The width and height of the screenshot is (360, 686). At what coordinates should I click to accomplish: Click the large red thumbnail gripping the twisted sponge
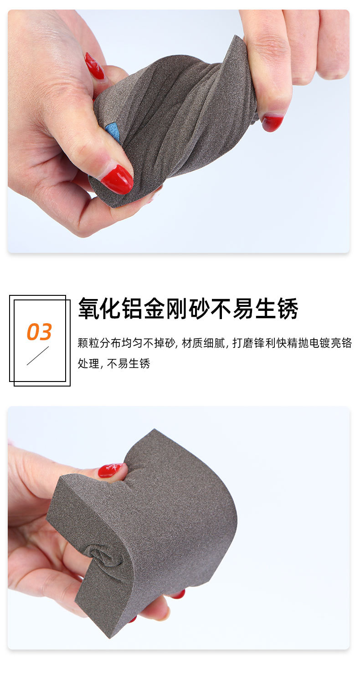pos(117,179)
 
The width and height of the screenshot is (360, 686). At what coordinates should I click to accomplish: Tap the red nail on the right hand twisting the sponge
pos(272,123)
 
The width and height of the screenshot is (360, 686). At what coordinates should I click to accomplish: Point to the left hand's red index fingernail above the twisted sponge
pos(94,66)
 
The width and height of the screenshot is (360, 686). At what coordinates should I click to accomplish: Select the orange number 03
pos(39,332)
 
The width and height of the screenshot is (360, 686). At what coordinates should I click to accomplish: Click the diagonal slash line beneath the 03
pos(37,356)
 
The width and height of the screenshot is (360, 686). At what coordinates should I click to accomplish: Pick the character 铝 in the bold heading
pos(133,309)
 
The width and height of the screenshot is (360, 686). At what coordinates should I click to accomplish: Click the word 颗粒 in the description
pos(87,343)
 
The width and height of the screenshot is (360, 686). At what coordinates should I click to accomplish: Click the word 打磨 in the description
pos(242,343)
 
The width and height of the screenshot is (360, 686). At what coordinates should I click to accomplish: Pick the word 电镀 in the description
pos(320,343)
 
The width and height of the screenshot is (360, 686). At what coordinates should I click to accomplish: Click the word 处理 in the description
pos(87,364)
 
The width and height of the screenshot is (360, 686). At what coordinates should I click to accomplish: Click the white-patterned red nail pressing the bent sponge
pos(110,469)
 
